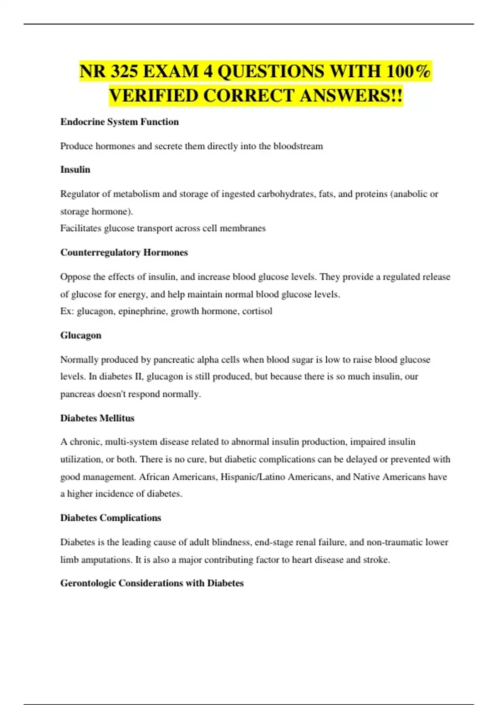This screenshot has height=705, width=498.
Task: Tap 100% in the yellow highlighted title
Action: click(x=408, y=71)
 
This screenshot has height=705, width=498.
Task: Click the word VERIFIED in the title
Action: click(x=153, y=96)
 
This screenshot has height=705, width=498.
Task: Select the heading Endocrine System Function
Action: click(x=120, y=122)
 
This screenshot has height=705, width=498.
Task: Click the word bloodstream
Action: click(x=298, y=146)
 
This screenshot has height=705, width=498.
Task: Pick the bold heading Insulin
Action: click(x=75, y=170)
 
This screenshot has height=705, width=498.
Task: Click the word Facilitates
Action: click(x=81, y=228)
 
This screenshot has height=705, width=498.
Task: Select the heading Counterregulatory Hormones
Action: click(x=124, y=253)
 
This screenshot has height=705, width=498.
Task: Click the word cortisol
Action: click(x=257, y=311)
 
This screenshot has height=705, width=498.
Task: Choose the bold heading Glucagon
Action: click(x=81, y=335)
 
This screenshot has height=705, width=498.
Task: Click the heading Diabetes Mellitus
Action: click(x=97, y=418)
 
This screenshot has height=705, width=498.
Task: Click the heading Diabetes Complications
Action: click(x=110, y=518)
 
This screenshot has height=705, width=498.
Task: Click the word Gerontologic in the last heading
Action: click(x=88, y=583)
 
